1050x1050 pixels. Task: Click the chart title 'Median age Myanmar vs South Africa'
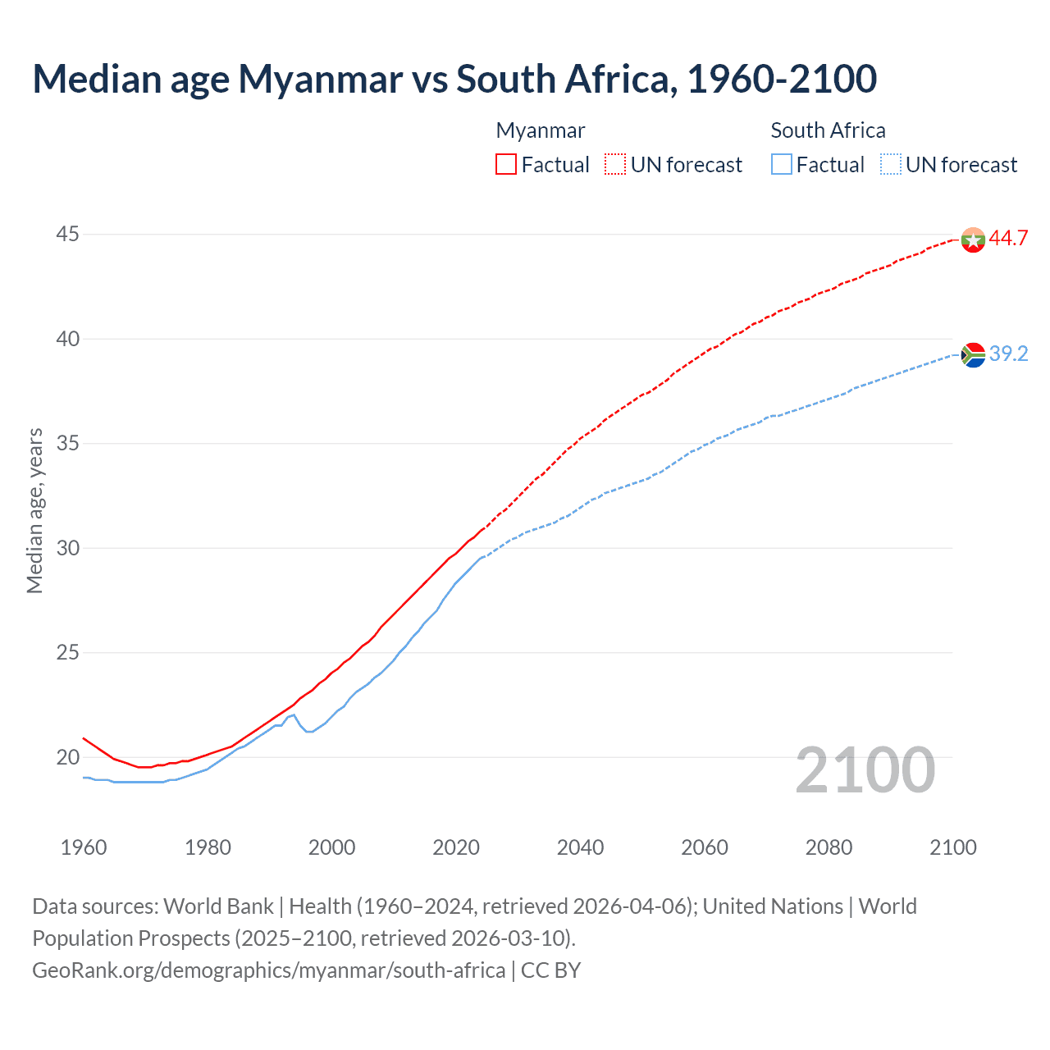click(x=454, y=80)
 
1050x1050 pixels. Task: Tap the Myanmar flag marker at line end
click(x=973, y=240)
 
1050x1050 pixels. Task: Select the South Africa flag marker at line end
click(x=973, y=354)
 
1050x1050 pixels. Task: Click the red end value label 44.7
click(x=1008, y=239)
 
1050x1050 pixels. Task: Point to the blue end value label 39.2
click(x=1008, y=354)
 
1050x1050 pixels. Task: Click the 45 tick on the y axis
click(x=67, y=235)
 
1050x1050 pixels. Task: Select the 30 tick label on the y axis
click(x=67, y=548)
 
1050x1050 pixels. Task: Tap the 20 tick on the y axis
click(x=67, y=757)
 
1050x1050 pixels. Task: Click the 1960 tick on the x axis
click(x=84, y=847)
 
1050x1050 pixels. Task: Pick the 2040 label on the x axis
click(x=580, y=847)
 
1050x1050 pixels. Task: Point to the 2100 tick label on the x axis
click(x=952, y=847)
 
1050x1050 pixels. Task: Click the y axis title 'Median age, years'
click(x=34, y=510)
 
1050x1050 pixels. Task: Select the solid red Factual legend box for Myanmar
click(x=506, y=165)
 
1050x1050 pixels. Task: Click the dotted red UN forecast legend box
click(x=615, y=165)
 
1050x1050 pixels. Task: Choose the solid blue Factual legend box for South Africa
click(x=782, y=165)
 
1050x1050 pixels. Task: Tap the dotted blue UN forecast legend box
click(x=890, y=165)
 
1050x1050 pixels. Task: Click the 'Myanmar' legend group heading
click(x=541, y=130)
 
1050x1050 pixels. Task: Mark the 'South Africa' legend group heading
click(x=828, y=130)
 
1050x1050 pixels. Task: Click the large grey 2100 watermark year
click(x=865, y=770)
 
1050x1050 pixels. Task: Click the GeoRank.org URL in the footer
click(x=269, y=970)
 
